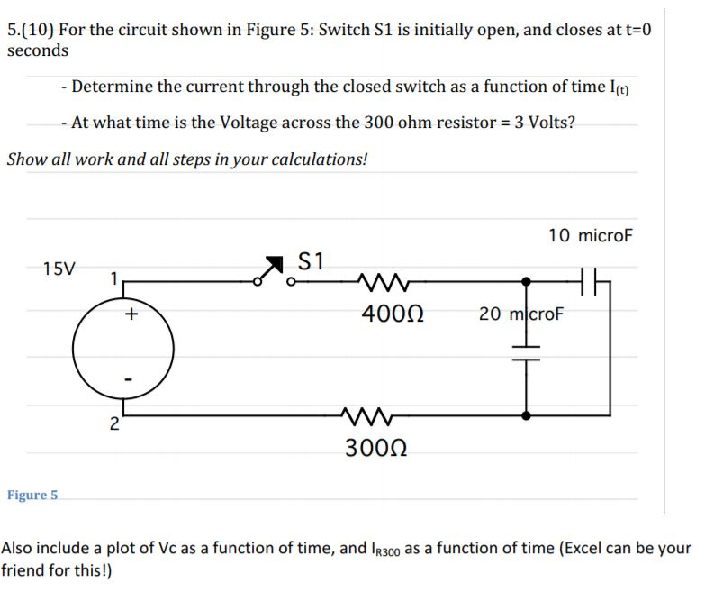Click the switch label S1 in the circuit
[311, 261]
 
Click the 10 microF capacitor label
[591, 236]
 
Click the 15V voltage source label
[59, 269]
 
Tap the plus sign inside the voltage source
[131, 314]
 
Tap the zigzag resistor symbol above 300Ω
[366, 416]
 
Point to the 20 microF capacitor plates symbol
[527, 352]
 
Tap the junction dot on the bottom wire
[527, 415]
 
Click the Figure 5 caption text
[32, 495]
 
